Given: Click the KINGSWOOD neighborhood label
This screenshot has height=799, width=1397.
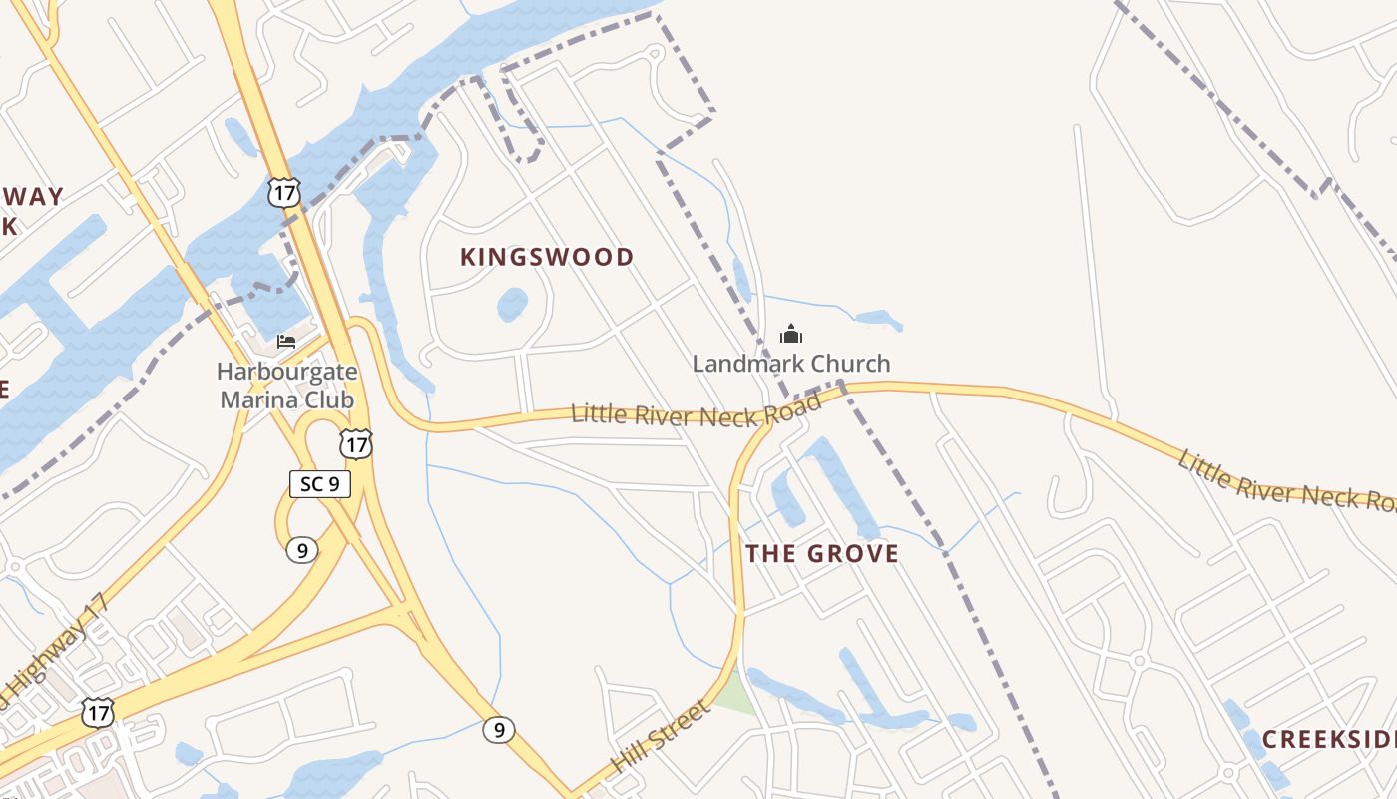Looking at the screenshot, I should coord(547,257).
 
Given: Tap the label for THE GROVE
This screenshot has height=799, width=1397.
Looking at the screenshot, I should coord(822,553).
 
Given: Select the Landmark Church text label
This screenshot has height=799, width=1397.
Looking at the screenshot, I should coord(790,363).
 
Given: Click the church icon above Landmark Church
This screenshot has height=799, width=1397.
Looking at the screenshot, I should coord(790,334).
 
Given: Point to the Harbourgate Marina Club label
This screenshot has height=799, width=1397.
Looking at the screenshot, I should coord(287,386).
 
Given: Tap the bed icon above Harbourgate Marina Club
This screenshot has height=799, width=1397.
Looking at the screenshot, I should coord(286,341).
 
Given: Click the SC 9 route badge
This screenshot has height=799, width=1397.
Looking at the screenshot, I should coord(320,484).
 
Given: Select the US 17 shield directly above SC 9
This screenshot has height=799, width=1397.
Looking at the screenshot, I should coord(355,443).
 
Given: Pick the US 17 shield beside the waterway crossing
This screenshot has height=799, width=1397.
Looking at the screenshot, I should coord(284,192).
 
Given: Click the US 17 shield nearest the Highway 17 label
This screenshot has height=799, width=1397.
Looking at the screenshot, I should coord(98,712).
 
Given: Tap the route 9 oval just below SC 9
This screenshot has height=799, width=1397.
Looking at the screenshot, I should coord(301,549).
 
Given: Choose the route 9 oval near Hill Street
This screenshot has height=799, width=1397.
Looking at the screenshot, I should coord(499,730).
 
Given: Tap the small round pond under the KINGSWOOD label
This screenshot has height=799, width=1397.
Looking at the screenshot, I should coord(512,304).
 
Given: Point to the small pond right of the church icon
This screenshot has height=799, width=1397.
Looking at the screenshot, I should coord(878,320).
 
